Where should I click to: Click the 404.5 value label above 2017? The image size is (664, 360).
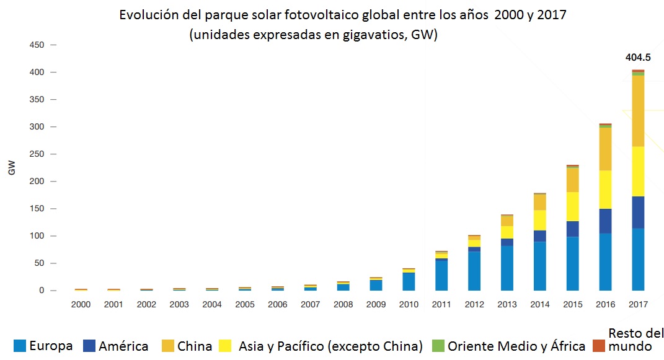point(638,58)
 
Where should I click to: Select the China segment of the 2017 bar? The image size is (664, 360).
point(638,111)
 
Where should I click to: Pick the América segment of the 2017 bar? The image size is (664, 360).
point(638,213)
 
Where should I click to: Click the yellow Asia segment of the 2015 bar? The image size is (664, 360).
point(572,206)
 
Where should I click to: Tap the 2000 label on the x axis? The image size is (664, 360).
point(81,305)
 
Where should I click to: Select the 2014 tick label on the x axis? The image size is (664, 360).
point(539,305)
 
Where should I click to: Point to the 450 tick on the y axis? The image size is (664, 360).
point(38,45)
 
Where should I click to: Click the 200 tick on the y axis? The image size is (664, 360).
point(38,182)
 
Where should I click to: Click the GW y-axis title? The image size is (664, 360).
point(12,168)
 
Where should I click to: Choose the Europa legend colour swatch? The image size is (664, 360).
point(20,346)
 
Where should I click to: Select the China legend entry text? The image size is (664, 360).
point(195,346)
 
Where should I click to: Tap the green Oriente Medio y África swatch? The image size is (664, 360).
point(438,346)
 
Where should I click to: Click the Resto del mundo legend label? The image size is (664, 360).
point(630,340)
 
